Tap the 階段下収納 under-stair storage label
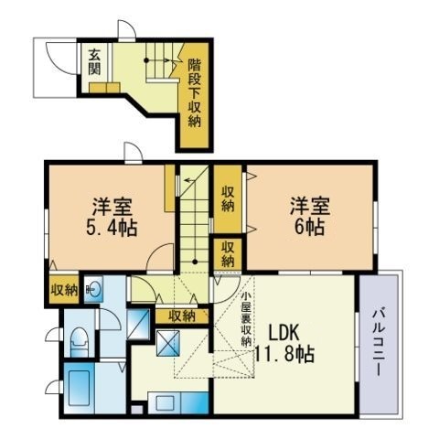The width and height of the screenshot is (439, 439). pos(195,93)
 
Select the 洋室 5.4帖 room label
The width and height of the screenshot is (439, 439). pos(113,217)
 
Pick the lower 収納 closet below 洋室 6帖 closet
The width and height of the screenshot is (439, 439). pos(228,252)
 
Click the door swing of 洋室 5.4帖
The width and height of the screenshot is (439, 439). pos(161,258)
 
